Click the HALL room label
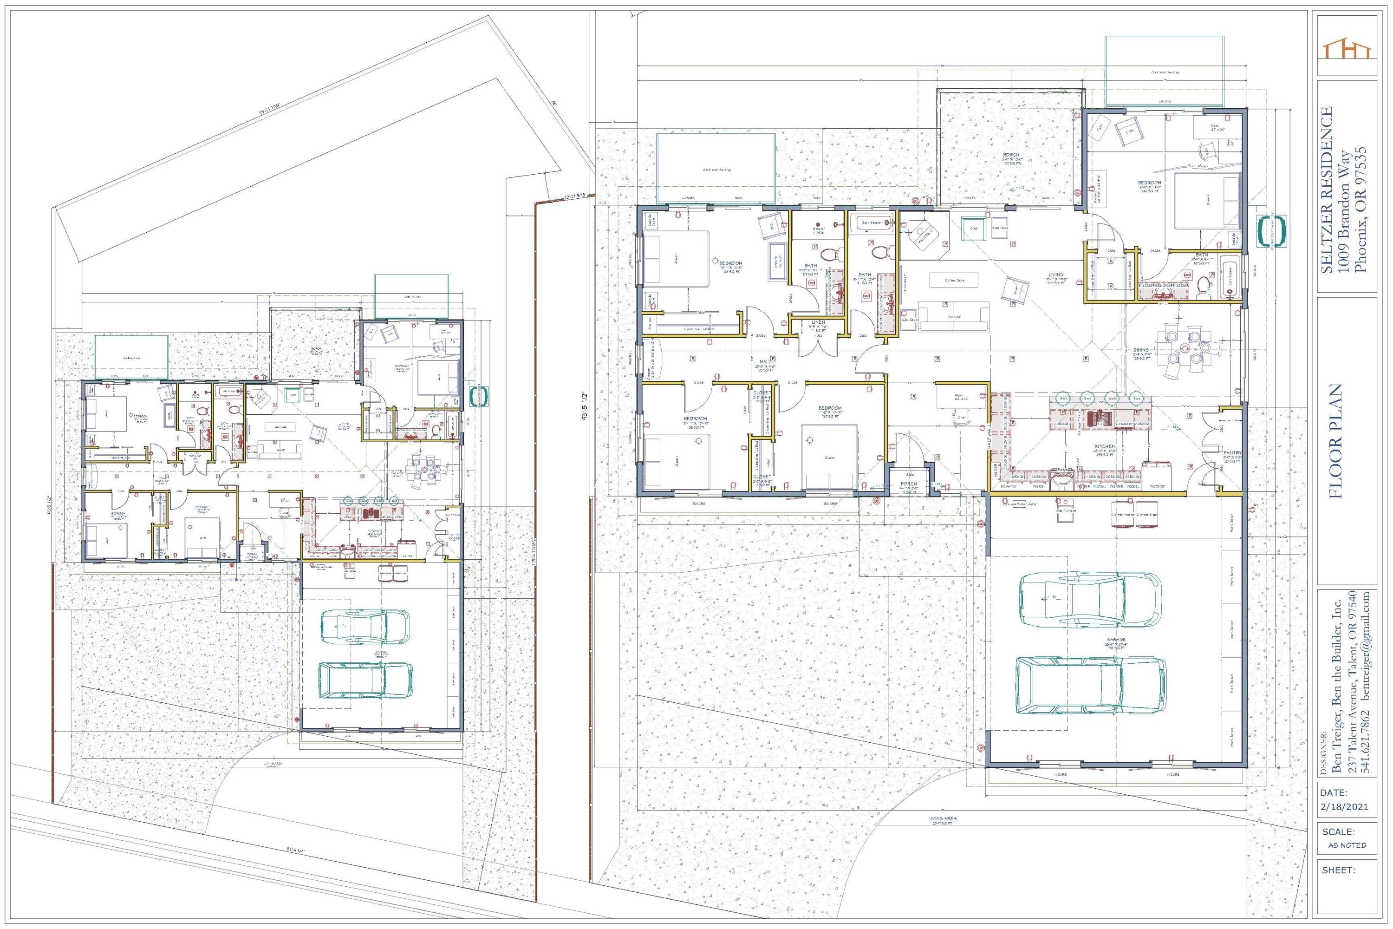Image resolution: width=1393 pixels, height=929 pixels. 765,361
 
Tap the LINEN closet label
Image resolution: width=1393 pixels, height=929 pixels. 818,322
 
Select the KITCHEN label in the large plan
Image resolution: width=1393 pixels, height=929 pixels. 1105,446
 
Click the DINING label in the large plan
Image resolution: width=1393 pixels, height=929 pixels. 1141,350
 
